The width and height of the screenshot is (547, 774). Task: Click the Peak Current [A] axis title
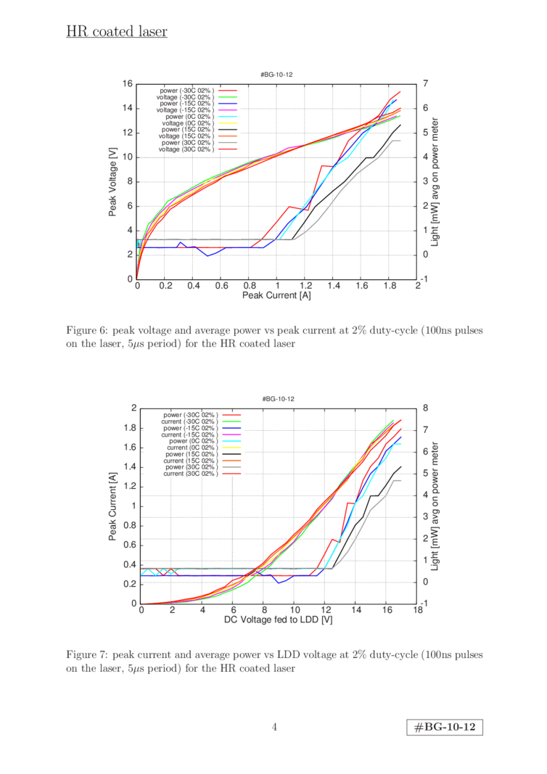(277, 296)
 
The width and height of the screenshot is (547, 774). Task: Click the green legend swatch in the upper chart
(228, 97)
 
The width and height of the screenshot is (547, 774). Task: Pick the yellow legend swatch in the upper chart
(228, 123)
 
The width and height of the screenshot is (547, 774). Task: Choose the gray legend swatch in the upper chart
(228, 142)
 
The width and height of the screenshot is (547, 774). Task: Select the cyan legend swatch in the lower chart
(231, 441)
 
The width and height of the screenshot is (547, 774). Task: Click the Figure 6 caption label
(85, 332)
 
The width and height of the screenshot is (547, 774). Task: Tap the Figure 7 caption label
(85, 654)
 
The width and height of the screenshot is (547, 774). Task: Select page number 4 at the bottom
(274, 727)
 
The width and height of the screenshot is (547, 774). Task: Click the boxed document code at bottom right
(445, 728)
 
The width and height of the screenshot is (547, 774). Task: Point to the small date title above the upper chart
(276, 75)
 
